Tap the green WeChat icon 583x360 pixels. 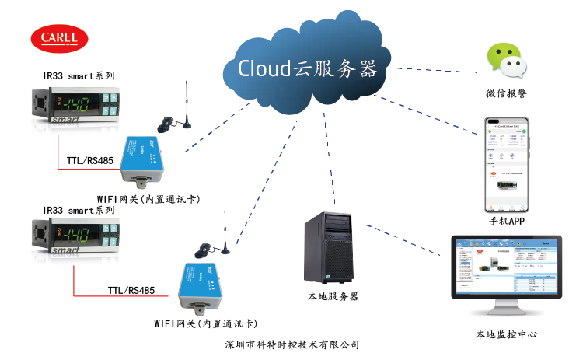pos(505,61)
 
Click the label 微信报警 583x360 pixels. pos(505,94)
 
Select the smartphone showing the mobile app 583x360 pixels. pos(507,166)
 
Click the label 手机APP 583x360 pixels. pos(508,222)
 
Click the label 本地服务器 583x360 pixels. pos(333,296)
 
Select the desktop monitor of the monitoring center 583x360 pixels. pos(507,268)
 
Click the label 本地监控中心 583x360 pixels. pos(507,334)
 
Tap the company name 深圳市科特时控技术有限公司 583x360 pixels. pos(291,344)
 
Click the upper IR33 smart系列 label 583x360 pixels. pos(79,76)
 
